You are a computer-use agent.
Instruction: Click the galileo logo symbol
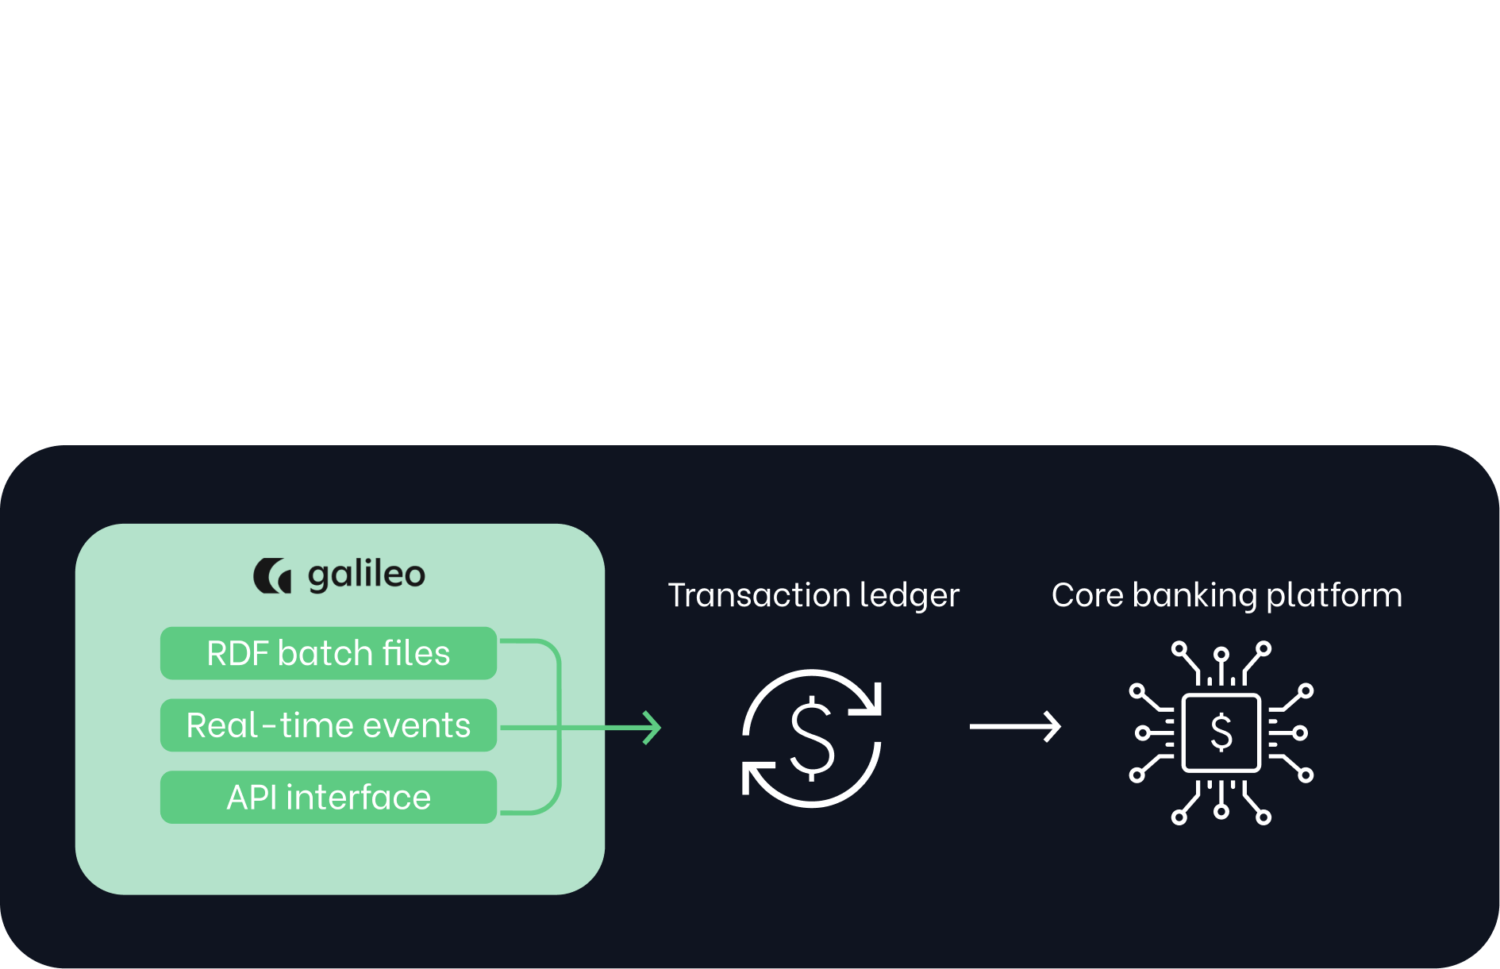pyautogui.click(x=272, y=575)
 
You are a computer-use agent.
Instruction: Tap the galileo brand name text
pyautogui.click(x=366, y=575)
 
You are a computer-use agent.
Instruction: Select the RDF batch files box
pyautogui.click(x=328, y=653)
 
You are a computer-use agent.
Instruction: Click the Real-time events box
pyautogui.click(x=328, y=725)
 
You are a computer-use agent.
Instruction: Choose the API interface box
pyautogui.click(x=328, y=797)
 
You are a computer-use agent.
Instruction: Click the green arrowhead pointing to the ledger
pyautogui.click(x=652, y=727)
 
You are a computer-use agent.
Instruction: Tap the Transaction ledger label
pyautogui.click(x=813, y=595)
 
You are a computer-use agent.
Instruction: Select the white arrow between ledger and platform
pyautogui.click(x=1015, y=726)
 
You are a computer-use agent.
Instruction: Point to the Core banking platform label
pyautogui.click(x=1226, y=595)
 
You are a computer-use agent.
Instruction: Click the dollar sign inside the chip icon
pyautogui.click(x=1221, y=732)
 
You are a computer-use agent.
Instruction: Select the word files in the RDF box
pyautogui.click(x=416, y=653)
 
